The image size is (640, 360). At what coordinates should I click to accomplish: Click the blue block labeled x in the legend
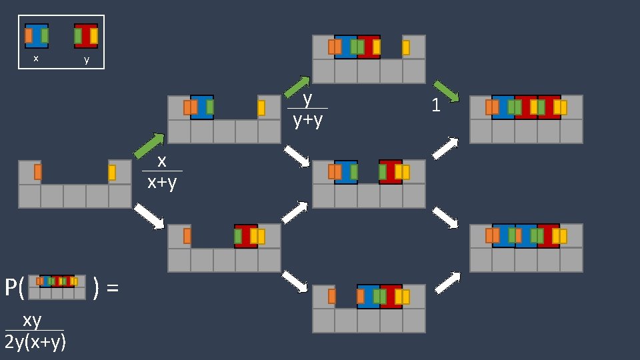click(37, 36)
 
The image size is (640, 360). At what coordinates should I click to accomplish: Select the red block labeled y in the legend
click(86, 36)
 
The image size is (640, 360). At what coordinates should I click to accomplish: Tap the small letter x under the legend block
click(36, 59)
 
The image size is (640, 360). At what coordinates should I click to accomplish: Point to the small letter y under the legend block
click(86, 59)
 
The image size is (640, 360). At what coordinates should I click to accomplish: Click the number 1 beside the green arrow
click(436, 105)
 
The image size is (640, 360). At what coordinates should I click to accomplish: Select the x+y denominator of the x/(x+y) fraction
click(162, 182)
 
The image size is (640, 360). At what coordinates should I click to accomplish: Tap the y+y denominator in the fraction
click(307, 120)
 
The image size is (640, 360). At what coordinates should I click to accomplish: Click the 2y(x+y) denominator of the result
click(35, 342)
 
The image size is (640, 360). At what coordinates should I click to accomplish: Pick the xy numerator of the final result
click(32, 321)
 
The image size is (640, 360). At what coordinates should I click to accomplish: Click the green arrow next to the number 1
click(446, 91)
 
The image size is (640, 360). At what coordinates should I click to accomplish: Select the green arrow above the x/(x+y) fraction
click(149, 146)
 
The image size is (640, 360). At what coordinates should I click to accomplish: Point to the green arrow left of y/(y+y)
click(297, 87)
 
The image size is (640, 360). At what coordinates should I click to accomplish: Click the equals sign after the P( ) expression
click(113, 288)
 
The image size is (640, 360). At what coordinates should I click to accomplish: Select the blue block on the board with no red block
click(202, 107)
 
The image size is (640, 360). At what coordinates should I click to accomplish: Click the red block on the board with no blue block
click(246, 236)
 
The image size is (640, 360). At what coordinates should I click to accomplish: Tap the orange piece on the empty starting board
click(38, 172)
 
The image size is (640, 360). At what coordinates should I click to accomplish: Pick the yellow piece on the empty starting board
click(112, 173)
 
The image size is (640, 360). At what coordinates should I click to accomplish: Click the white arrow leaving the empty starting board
click(149, 217)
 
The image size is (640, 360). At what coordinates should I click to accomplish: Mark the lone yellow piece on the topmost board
click(406, 47)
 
